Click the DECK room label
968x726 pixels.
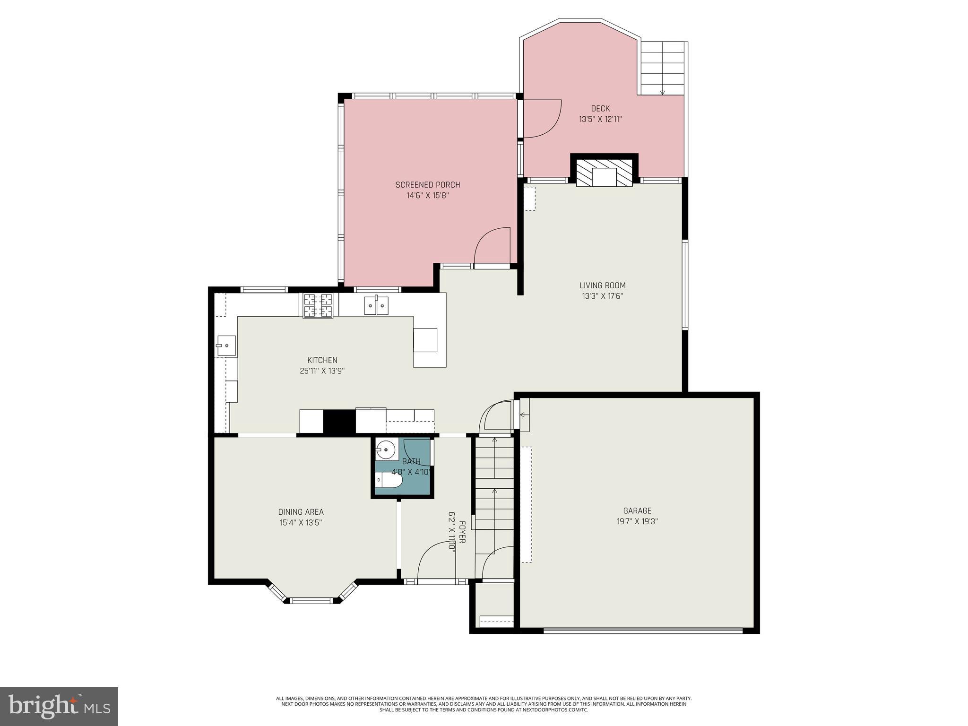[x=600, y=109]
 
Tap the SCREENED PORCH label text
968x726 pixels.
[x=427, y=185]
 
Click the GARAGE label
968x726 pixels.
[x=637, y=510]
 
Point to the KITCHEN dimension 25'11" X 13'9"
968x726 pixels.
[x=322, y=371]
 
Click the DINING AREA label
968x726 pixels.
[x=301, y=512]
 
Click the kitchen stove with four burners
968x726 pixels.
[x=318, y=305]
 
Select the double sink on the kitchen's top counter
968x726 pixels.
[x=376, y=306]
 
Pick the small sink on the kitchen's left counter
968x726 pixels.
[x=226, y=346]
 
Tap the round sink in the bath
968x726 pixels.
[x=387, y=449]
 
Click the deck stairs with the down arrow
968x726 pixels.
[x=662, y=68]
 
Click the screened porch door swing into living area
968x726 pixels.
[x=492, y=246]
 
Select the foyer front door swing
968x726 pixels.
[x=436, y=561]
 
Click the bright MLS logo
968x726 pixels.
[x=59, y=706]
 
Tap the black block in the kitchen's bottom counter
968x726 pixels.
[x=339, y=421]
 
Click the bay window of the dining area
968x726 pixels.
[x=312, y=600]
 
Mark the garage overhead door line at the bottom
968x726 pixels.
[x=643, y=630]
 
